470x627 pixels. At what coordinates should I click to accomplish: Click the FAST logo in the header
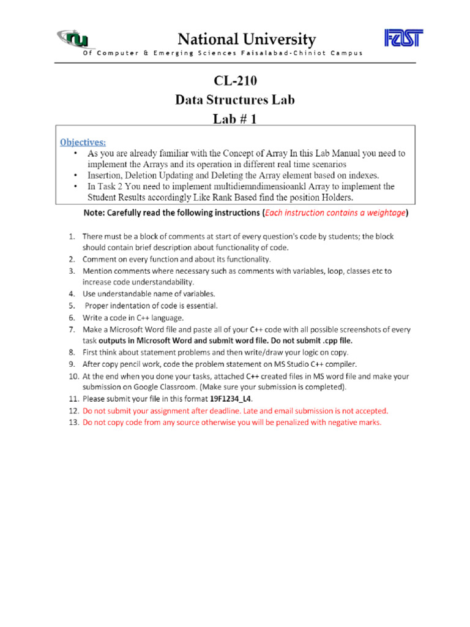click(403, 38)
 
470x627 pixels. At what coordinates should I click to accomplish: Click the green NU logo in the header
click(76, 39)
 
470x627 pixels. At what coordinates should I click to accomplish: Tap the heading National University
click(247, 40)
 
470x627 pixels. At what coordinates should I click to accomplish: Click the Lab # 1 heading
click(235, 119)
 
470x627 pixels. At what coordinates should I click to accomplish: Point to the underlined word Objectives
click(83, 142)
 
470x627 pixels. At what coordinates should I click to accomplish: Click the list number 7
click(72, 329)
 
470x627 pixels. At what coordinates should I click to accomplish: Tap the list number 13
click(72, 422)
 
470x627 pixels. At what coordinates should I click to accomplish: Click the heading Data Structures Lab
click(235, 100)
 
